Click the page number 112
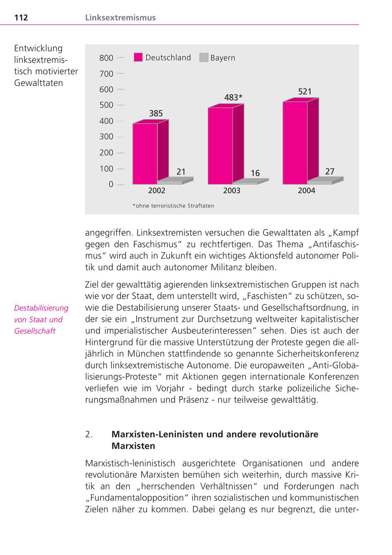click(21, 18)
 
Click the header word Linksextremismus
click(120, 18)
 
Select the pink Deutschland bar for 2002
click(145, 153)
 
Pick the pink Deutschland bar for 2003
click(220, 146)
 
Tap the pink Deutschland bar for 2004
click(295, 143)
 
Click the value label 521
click(305, 92)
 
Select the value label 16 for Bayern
click(255, 174)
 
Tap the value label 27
click(330, 172)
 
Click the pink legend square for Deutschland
click(138, 58)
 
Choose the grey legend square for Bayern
click(203, 58)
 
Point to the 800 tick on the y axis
click(106, 58)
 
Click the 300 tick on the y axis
click(106, 137)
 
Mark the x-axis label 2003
click(232, 191)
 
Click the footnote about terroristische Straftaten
click(173, 206)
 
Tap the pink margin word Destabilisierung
click(41, 308)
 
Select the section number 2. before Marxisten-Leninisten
click(89, 435)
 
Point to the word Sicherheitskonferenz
click(317, 354)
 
